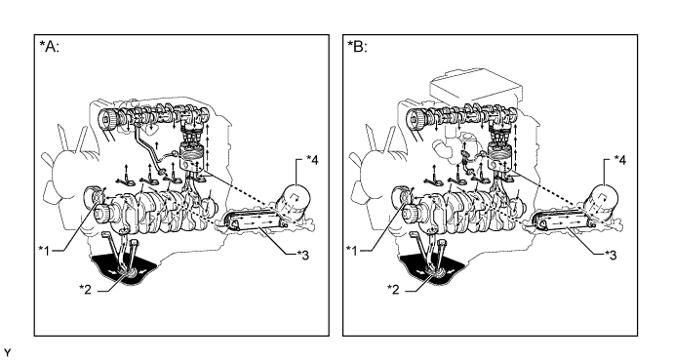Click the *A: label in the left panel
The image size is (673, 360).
click(x=50, y=46)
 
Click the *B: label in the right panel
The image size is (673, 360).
click(x=358, y=46)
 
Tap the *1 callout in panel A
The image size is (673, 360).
click(x=44, y=250)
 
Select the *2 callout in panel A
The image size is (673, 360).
click(x=85, y=289)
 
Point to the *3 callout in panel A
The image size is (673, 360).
click(x=302, y=255)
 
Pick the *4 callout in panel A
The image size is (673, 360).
click(x=312, y=160)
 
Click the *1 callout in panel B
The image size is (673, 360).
click(x=352, y=250)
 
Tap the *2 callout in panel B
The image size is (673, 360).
click(x=393, y=289)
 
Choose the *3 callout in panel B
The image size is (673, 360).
click(x=611, y=255)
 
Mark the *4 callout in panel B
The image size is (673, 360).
click(x=620, y=160)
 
